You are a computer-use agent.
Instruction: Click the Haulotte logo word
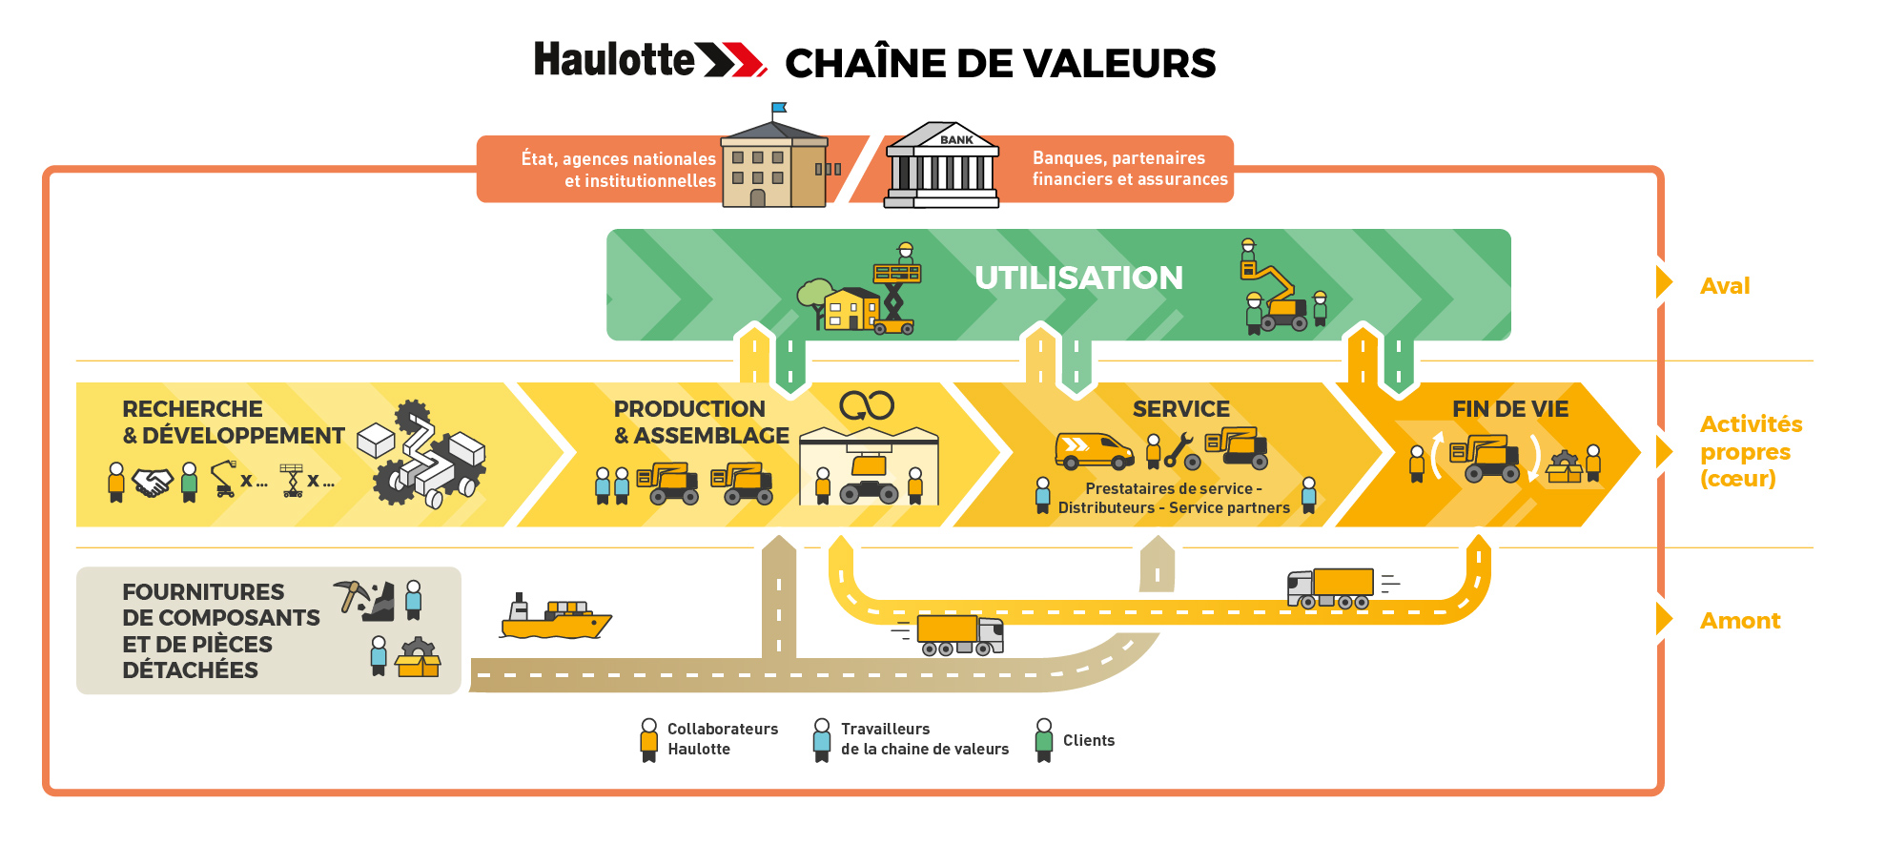[x=615, y=60]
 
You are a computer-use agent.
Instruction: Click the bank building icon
[x=942, y=166]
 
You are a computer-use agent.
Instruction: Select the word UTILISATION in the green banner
[x=1078, y=278]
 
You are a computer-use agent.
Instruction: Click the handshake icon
[x=153, y=482]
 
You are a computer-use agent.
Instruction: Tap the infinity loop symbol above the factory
[x=867, y=405]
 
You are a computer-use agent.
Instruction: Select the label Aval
[x=1725, y=286]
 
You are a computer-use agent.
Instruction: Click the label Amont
[x=1740, y=621]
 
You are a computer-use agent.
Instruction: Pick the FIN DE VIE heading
[x=1510, y=409]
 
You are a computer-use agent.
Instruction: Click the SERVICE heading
[x=1180, y=409]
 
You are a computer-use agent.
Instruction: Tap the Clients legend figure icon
[x=1044, y=740]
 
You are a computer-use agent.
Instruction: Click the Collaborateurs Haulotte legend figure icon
[x=649, y=740]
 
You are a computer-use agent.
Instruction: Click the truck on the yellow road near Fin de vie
[x=1330, y=587]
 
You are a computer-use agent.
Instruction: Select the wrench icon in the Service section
[x=1179, y=448]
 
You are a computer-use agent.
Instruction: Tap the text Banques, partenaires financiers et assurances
[x=1129, y=169]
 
